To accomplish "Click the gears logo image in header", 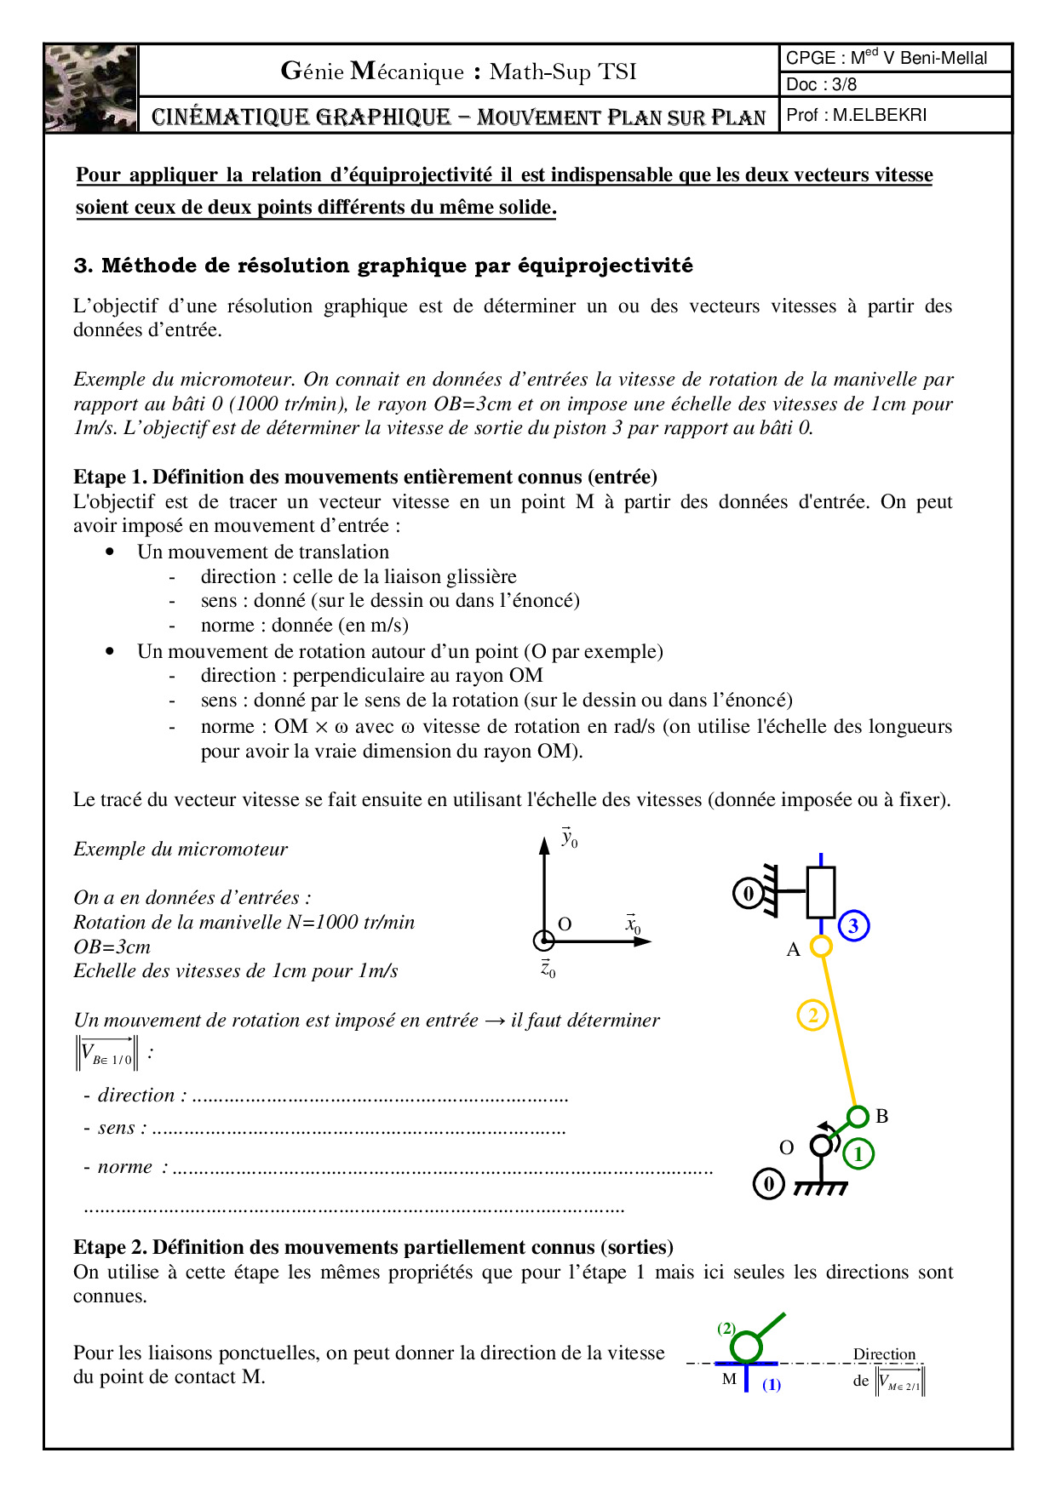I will click(x=91, y=89).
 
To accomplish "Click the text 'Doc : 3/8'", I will click(x=821, y=84).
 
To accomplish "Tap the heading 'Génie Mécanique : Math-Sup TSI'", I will click(x=458, y=72).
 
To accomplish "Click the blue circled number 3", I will click(x=853, y=925).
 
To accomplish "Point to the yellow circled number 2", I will click(x=812, y=1015).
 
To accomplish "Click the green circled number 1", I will click(x=858, y=1154).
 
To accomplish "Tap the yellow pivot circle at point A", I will click(x=820, y=946).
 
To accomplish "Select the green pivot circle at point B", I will click(x=858, y=1116).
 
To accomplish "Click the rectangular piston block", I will click(x=820, y=892).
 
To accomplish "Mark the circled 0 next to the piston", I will click(x=749, y=893).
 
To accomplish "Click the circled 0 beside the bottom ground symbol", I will click(x=768, y=1184).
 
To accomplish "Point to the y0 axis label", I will click(x=569, y=838).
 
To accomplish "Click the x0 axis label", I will click(x=633, y=924).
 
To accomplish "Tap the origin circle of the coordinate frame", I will click(x=543, y=941).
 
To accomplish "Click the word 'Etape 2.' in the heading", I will click(x=110, y=1247).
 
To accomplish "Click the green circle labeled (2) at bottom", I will click(x=747, y=1347).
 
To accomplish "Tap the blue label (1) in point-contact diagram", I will click(x=772, y=1385).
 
